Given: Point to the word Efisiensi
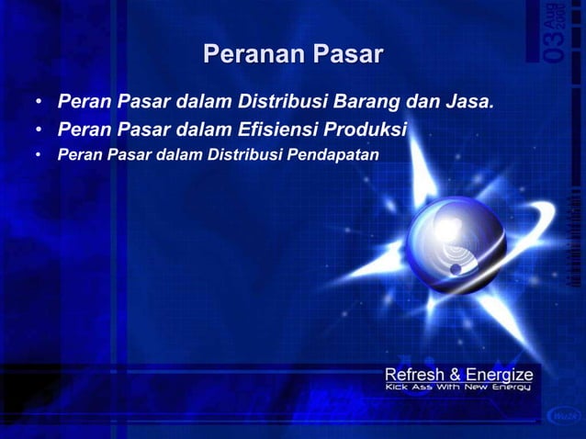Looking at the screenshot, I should click(x=273, y=126).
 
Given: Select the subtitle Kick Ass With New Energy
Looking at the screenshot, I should click(x=458, y=389).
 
